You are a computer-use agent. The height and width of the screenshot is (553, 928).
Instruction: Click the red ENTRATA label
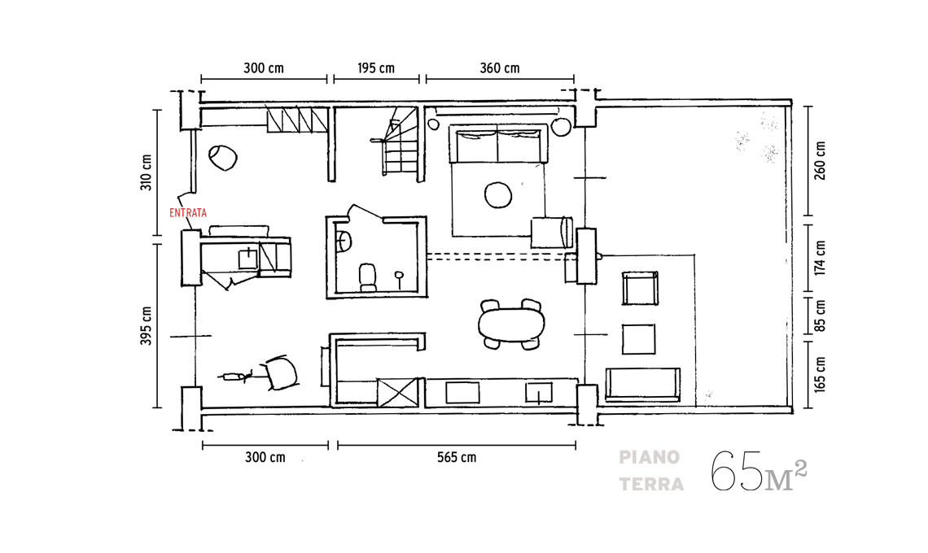click(188, 213)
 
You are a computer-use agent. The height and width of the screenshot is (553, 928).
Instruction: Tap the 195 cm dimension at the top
click(376, 68)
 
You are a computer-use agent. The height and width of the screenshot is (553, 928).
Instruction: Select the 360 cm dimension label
click(500, 68)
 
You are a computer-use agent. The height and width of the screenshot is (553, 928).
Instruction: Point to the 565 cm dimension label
click(457, 457)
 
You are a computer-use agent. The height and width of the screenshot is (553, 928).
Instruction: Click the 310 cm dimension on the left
click(147, 172)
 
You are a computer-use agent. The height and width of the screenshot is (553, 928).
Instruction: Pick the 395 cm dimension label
click(147, 326)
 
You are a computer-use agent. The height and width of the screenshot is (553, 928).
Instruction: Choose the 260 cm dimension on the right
click(820, 160)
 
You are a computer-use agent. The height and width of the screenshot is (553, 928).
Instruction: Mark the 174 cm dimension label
click(820, 258)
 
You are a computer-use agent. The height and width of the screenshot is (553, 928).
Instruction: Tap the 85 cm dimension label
click(820, 316)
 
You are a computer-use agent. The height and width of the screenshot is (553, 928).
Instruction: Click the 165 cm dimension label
click(820, 374)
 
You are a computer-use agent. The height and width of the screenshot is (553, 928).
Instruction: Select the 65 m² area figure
click(759, 471)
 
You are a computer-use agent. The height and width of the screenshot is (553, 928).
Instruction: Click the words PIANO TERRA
click(651, 471)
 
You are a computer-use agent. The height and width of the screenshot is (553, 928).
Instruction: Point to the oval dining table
click(511, 324)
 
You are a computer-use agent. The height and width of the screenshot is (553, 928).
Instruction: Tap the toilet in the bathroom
click(368, 277)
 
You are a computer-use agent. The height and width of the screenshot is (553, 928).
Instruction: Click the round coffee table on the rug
click(497, 194)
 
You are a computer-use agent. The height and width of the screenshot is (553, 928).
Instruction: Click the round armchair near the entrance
click(222, 157)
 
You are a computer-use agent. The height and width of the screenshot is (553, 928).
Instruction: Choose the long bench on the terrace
click(643, 384)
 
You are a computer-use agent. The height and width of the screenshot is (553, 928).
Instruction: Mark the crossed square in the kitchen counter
click(398, 392)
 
